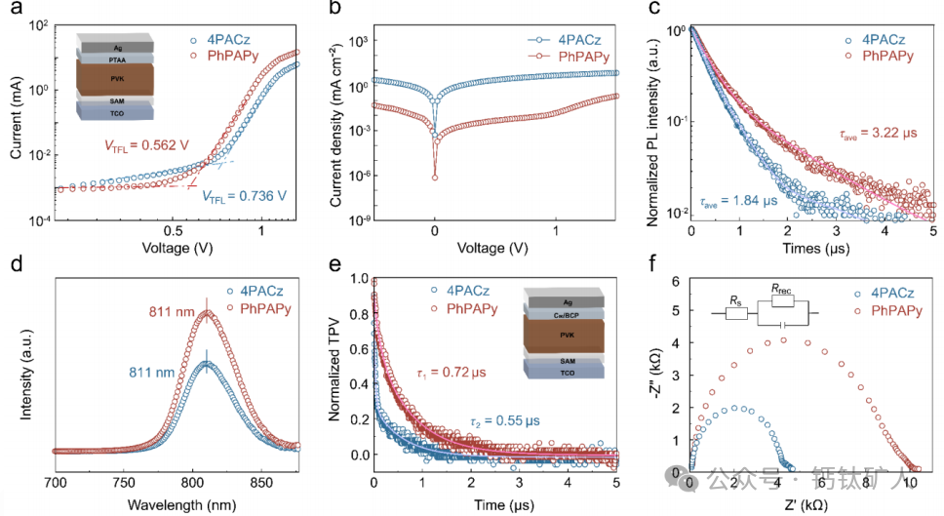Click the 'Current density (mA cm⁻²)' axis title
click(342, 128)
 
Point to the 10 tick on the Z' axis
click(910, 484)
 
